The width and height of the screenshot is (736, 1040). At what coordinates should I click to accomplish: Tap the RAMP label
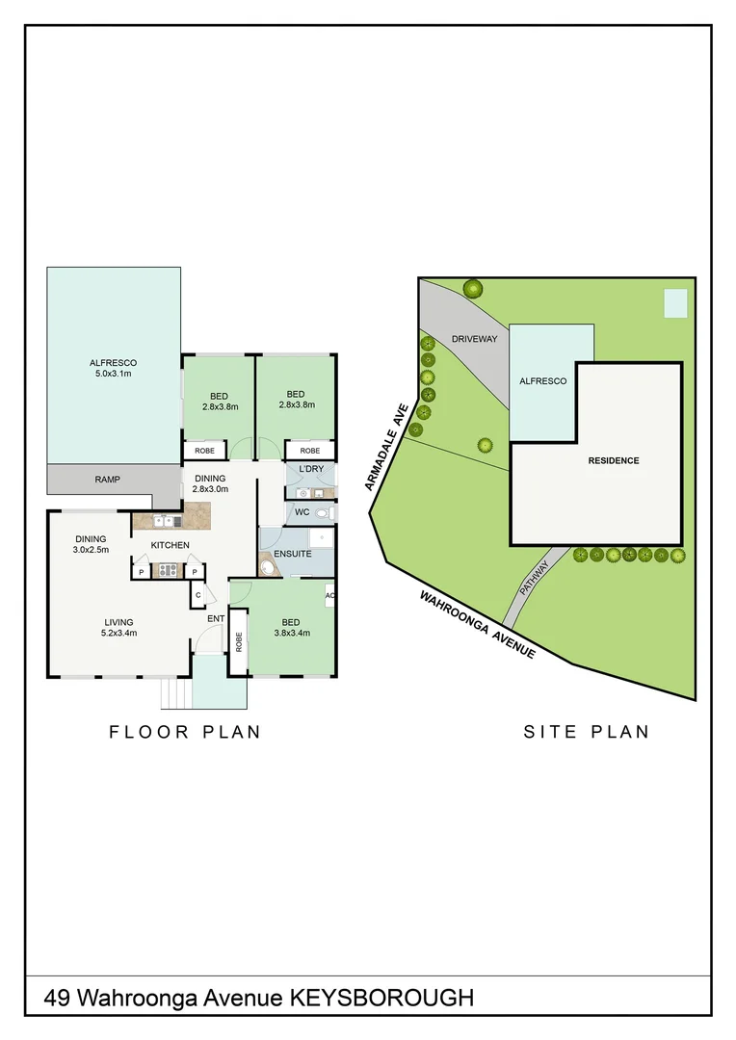[x=107, y=480]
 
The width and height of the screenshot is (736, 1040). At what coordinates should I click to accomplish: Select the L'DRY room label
[x=309, y=469]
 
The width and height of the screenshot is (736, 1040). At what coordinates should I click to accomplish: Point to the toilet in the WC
[x=323, y=513]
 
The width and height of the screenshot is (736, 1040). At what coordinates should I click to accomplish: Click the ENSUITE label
[x=293, y=554]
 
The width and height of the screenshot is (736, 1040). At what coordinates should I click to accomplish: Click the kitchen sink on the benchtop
[x=161, y=522]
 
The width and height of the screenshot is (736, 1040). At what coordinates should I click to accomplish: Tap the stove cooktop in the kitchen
[x=168, y=571]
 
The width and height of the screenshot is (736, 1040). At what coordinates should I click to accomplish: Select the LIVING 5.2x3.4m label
[x=119, y=628]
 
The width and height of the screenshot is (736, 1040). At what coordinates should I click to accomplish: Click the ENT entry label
[x=215, y=619]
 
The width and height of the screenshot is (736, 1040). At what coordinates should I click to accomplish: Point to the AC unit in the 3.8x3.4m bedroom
[x=329, y=595]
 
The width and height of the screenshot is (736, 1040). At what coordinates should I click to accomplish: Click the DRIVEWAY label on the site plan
[x=474, y=339]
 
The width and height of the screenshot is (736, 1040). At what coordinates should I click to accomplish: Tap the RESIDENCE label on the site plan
[x=614, y=460]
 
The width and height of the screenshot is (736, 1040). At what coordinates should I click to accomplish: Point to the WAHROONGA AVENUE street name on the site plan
[x=477, y=624]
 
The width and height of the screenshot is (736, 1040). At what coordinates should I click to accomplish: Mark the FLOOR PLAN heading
[x=185, y=732]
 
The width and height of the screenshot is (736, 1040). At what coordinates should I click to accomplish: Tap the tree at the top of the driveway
[x=472, y=288]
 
